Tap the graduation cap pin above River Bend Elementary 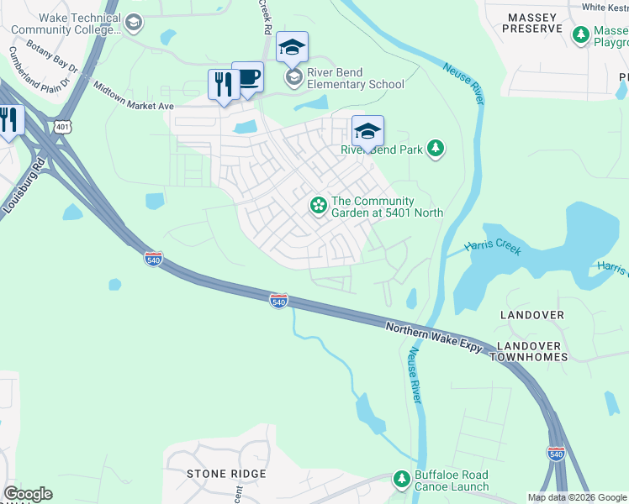[x=292, y=48]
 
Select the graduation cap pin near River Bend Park [x=367, y=132]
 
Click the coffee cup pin [x=247, y=78]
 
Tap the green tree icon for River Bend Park [x=435, y=150]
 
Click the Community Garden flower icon [x=319, y=205]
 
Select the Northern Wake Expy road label [x=432, y=334]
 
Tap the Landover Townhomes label [x=531, y=351]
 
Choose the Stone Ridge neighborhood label [x=226, y=474]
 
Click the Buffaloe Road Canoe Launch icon [x=402, y=480]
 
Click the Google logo [x=28, y=494]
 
